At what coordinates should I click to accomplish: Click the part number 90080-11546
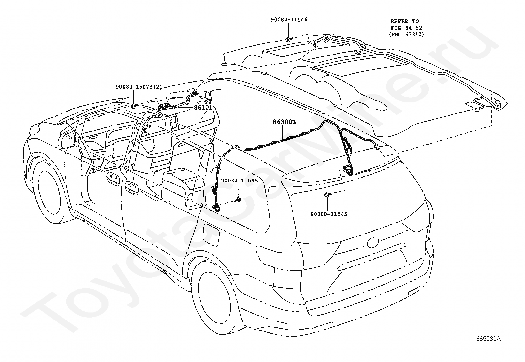[x=289, y=20]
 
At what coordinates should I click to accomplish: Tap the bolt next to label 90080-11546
[x=289, y=39]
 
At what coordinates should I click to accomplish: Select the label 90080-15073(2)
[x=139, y=87]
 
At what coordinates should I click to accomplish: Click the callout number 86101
[x=203, y=107]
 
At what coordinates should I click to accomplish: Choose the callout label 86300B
[x=284, y=122]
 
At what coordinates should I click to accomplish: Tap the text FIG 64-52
[x=406, y=28]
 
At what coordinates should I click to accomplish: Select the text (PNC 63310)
[x=406, y=34]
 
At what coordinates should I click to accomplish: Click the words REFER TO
[x=405, y=21]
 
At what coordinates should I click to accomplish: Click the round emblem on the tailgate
[x=374, y=243]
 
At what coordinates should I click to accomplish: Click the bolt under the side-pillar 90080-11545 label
[x=237, y=200]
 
